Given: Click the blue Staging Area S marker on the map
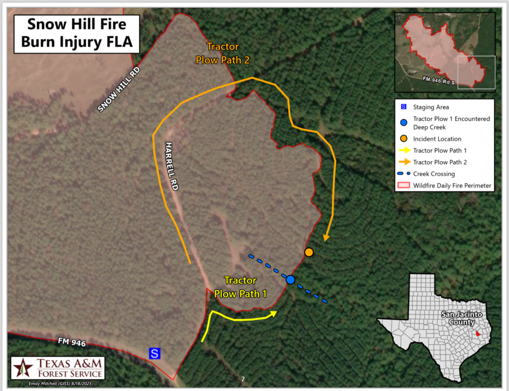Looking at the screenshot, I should (155, 354).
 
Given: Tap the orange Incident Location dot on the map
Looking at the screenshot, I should (309, 252).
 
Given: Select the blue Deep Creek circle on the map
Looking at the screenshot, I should (291, 280).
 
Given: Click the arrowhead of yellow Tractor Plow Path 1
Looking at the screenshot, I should (274, 313).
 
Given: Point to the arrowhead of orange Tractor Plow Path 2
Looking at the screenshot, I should (326, 237).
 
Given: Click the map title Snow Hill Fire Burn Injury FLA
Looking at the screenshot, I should (77, 33).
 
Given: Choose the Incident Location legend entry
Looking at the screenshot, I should (437, 139).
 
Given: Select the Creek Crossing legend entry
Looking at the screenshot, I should (434, 174).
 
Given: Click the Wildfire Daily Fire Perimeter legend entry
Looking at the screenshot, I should (452, 186).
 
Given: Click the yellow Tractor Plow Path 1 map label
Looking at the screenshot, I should (240, 287).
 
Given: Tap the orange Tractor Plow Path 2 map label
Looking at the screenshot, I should (222, 54).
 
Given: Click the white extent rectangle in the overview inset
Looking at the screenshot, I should (476, 73).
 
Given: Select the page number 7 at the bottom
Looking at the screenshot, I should (243, 380).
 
